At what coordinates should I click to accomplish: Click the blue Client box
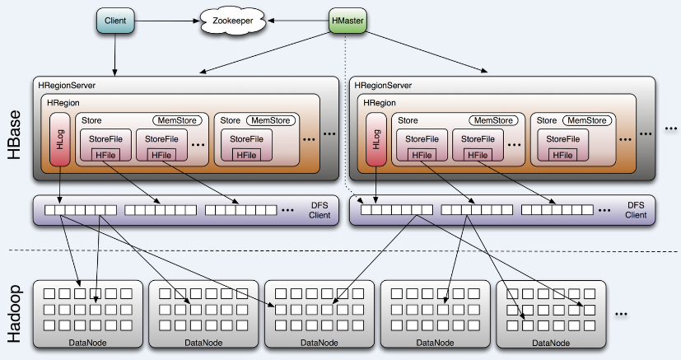click(x=115, y=21)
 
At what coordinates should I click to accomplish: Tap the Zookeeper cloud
click(x=233, y=21)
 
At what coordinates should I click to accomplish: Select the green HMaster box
click(x=347, y=21)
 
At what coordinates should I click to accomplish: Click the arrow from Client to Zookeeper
click(x=167, y=21)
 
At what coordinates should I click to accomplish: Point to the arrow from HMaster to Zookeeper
click(x=298, y=21)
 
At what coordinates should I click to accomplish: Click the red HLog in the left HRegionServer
click(x=60, y=139)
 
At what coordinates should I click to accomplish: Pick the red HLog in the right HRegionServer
click(x=376, y=139)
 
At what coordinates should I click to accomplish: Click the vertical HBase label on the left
click(x=14, y=134)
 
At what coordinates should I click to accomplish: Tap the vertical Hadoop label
click(x=14, y=314)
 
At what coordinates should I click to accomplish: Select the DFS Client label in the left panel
click(x=320, y=210)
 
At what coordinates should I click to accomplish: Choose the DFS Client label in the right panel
click(x=636, y=210)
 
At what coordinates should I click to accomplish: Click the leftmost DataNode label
click(x=87, y=343)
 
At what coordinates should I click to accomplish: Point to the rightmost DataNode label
click(x=551, y=343)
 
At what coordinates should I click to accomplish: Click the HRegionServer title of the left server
click(x=67, y=86)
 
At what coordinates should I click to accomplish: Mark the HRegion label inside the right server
click(x=380, y=103)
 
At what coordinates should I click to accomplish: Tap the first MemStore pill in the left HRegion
click(x=177, y=120)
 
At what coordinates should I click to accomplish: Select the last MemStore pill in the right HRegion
click(x=587, y=120)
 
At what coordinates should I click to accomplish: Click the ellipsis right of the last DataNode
click(x=621, y=314)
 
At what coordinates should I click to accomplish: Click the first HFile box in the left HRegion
click(x=105, y=155)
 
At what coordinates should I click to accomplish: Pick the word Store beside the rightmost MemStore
click(x=546, y=120)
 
